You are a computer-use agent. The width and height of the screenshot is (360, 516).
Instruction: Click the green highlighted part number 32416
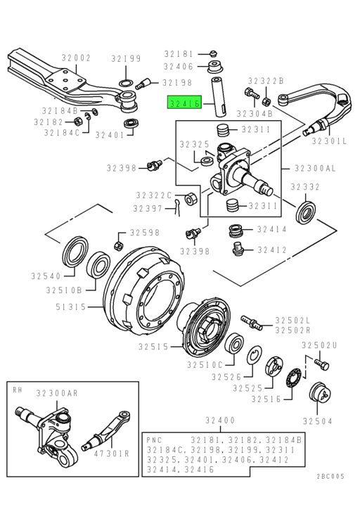[x=185, y=103]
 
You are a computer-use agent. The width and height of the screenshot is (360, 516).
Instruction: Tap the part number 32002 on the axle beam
[x=76, y=58]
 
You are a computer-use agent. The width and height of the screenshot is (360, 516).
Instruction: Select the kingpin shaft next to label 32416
[x=219, y=97]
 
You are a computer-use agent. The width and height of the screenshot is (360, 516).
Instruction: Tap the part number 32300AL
[x=315, y=168]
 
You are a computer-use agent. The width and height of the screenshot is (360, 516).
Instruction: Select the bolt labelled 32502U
[x=322, y=364]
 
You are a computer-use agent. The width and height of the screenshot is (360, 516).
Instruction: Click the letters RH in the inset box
[x=18, y=390]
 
